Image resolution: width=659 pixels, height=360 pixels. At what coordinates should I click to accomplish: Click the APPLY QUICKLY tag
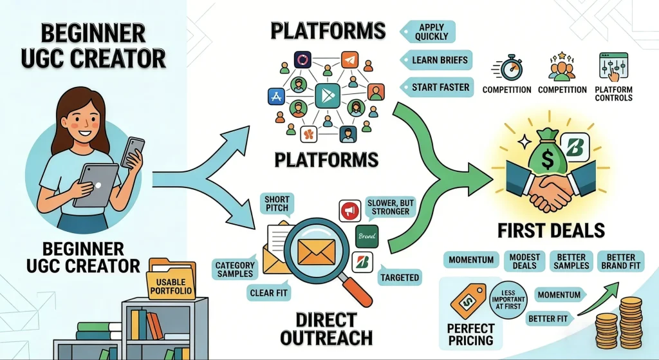tap(431, 32)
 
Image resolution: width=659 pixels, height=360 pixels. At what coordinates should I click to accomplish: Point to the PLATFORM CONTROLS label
tap(613, 94)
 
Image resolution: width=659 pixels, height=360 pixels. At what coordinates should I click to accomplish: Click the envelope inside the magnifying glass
tap(315, 247)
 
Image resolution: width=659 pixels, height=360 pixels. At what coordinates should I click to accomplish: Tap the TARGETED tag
tap(399, 278)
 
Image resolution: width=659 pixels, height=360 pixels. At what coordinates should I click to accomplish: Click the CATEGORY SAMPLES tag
tap(235, 269)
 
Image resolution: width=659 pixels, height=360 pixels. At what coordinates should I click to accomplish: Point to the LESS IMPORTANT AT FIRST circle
tap(508, 299)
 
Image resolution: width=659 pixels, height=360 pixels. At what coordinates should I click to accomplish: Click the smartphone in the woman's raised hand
tap(133, 152)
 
